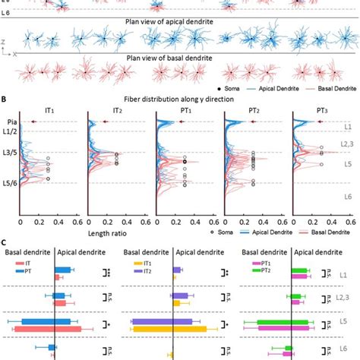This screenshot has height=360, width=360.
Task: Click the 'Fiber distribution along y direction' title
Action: pos(179,98)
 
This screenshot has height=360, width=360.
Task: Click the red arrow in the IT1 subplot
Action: pos(34,122)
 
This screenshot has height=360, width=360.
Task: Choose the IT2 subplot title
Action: pos(118,109)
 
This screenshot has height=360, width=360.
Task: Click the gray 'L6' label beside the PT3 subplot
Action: pos(346,196)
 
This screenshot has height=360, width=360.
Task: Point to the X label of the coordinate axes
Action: pos(16,55)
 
